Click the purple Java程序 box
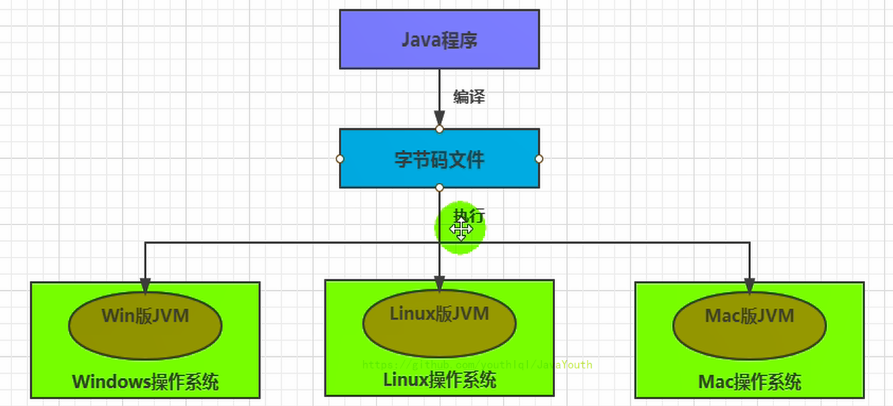pos(439,39)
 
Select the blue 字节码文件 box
pos(439,159)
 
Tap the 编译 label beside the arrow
pos(468,96)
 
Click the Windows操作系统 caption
pos(145,381)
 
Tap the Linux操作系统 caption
pos(439,380)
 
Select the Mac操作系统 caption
pos(749,382)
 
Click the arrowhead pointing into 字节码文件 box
pos(439,119)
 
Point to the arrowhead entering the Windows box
pos(145,285)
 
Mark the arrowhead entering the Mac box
pos(749,285)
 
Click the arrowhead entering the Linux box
pos(439,283)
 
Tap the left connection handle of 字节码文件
pos(340,159)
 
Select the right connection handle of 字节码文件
pos(539,159)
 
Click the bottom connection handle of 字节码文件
pos(439,188)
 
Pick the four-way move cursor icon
pos(462,230)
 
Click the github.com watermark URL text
pos(477,365)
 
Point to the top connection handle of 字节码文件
pos(439,129)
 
